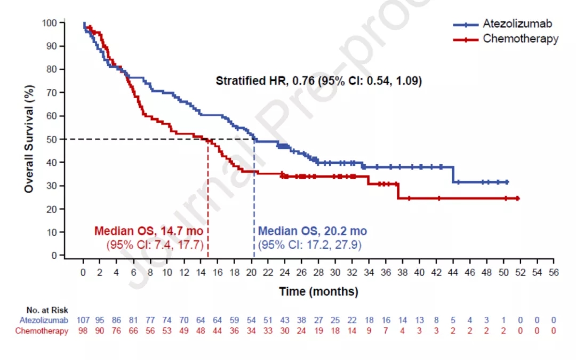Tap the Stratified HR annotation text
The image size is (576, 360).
point(318,81)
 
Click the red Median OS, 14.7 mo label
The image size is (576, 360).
point(149,231)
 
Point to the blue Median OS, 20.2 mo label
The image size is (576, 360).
point(313,231)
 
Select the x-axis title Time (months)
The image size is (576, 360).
point(318,292)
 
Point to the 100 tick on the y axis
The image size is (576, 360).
point(49,23)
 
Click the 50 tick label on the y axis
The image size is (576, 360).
point(51,139)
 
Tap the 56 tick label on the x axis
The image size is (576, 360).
point(554,272)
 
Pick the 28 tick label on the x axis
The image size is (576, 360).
point(318,272)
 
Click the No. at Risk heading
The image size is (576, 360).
point(47,310)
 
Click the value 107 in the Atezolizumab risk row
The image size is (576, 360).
point(83,321)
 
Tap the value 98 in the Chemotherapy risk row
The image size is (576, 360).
point(83,331)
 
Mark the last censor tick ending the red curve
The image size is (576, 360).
point(517,198)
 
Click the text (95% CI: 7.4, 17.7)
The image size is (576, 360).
point(155,245)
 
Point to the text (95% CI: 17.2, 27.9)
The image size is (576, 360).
point(310,245)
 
